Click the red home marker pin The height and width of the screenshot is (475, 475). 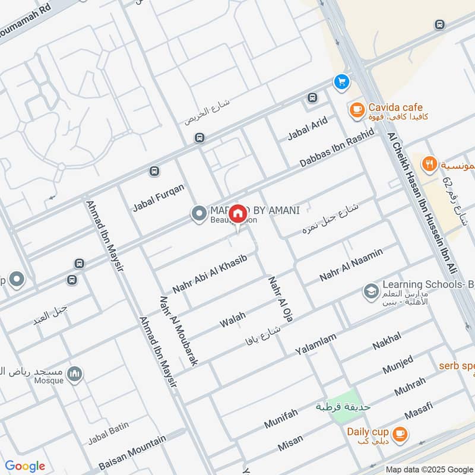237,213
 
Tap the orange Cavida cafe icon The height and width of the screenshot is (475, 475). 356,109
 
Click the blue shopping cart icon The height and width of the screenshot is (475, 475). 341,81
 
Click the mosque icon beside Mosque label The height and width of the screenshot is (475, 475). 74,373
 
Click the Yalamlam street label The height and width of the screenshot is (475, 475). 316,344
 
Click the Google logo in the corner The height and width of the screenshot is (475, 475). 25,466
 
